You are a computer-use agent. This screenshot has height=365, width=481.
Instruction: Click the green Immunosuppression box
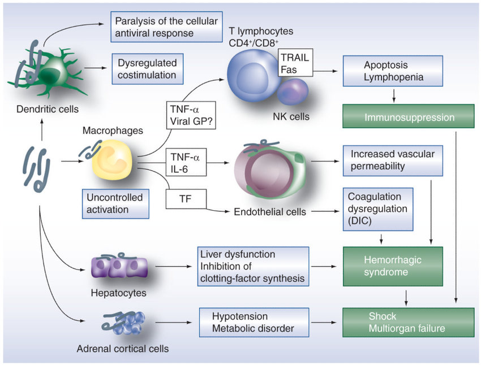click(x=407, y=118)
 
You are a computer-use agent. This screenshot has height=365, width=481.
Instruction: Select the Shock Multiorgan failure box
click(x=407, y=322)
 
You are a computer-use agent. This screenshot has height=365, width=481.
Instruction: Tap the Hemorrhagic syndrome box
click(x=407, y=265)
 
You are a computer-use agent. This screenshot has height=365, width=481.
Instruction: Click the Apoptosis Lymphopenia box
click(x=393, y=71)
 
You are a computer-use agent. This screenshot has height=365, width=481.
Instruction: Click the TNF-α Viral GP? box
click(x=187, y=116)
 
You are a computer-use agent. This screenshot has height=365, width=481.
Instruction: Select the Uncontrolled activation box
click(x=115, y=203)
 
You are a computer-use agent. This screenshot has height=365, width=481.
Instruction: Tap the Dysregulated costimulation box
click(x=147, y=68)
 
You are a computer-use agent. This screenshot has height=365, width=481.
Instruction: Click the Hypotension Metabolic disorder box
click(x=254, y=322)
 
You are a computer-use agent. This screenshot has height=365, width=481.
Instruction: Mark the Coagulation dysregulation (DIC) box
click(x=378, y=209)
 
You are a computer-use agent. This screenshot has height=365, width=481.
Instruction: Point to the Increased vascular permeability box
click(x=392, y=160)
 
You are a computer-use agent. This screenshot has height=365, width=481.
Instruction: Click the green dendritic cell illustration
click(x=42, y=69)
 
